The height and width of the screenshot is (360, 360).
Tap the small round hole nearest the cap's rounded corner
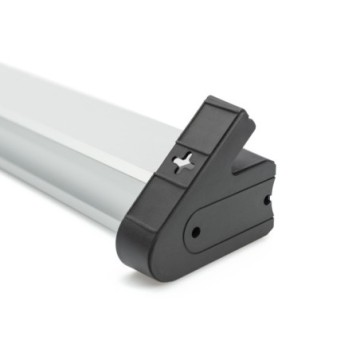[195, 231]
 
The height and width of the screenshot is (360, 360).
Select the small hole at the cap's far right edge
[267, 199]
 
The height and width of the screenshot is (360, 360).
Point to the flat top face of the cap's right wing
[255, 164]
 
